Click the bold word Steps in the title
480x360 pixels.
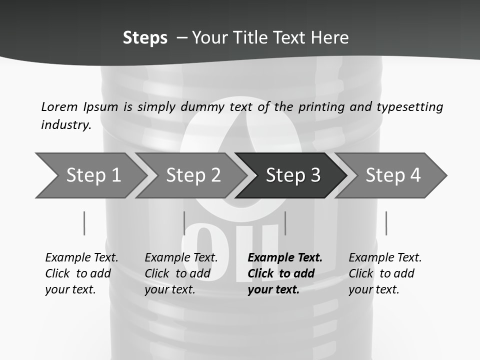(x=145, y=38)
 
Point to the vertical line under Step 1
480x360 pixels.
(x=84, y=223)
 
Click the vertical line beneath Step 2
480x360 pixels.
(x=184, y=223)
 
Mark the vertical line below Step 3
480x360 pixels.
(x=285, y=223)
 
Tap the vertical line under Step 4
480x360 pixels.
(x=386, y=223)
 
